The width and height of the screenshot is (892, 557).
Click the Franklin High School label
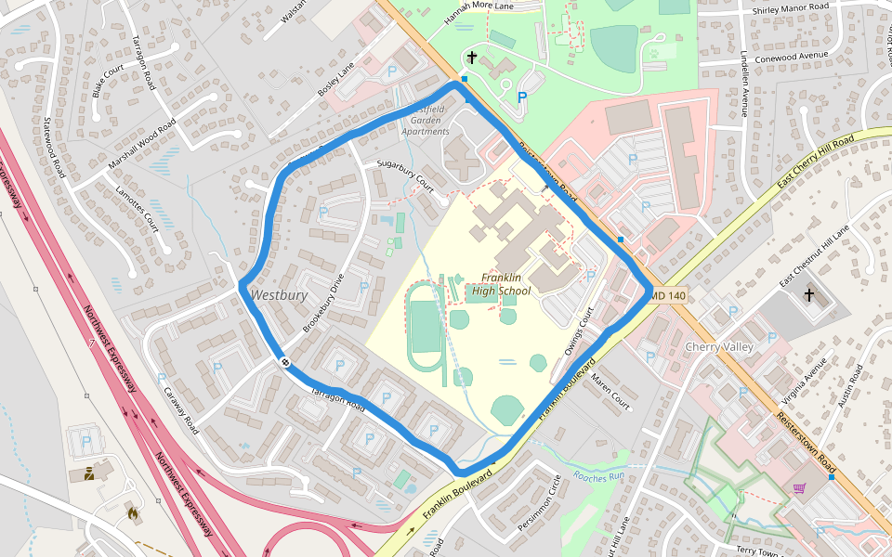tap(501, 284)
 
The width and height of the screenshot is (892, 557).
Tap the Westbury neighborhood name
tap(278, 295)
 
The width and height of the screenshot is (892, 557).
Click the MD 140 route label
tap(667, 296)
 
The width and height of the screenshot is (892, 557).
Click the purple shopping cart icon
tap(799, 488)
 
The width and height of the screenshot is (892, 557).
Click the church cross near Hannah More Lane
tap(472, 58)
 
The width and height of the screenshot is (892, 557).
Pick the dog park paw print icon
tap(655, 53)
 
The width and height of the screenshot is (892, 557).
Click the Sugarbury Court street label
tap(406, 173)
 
